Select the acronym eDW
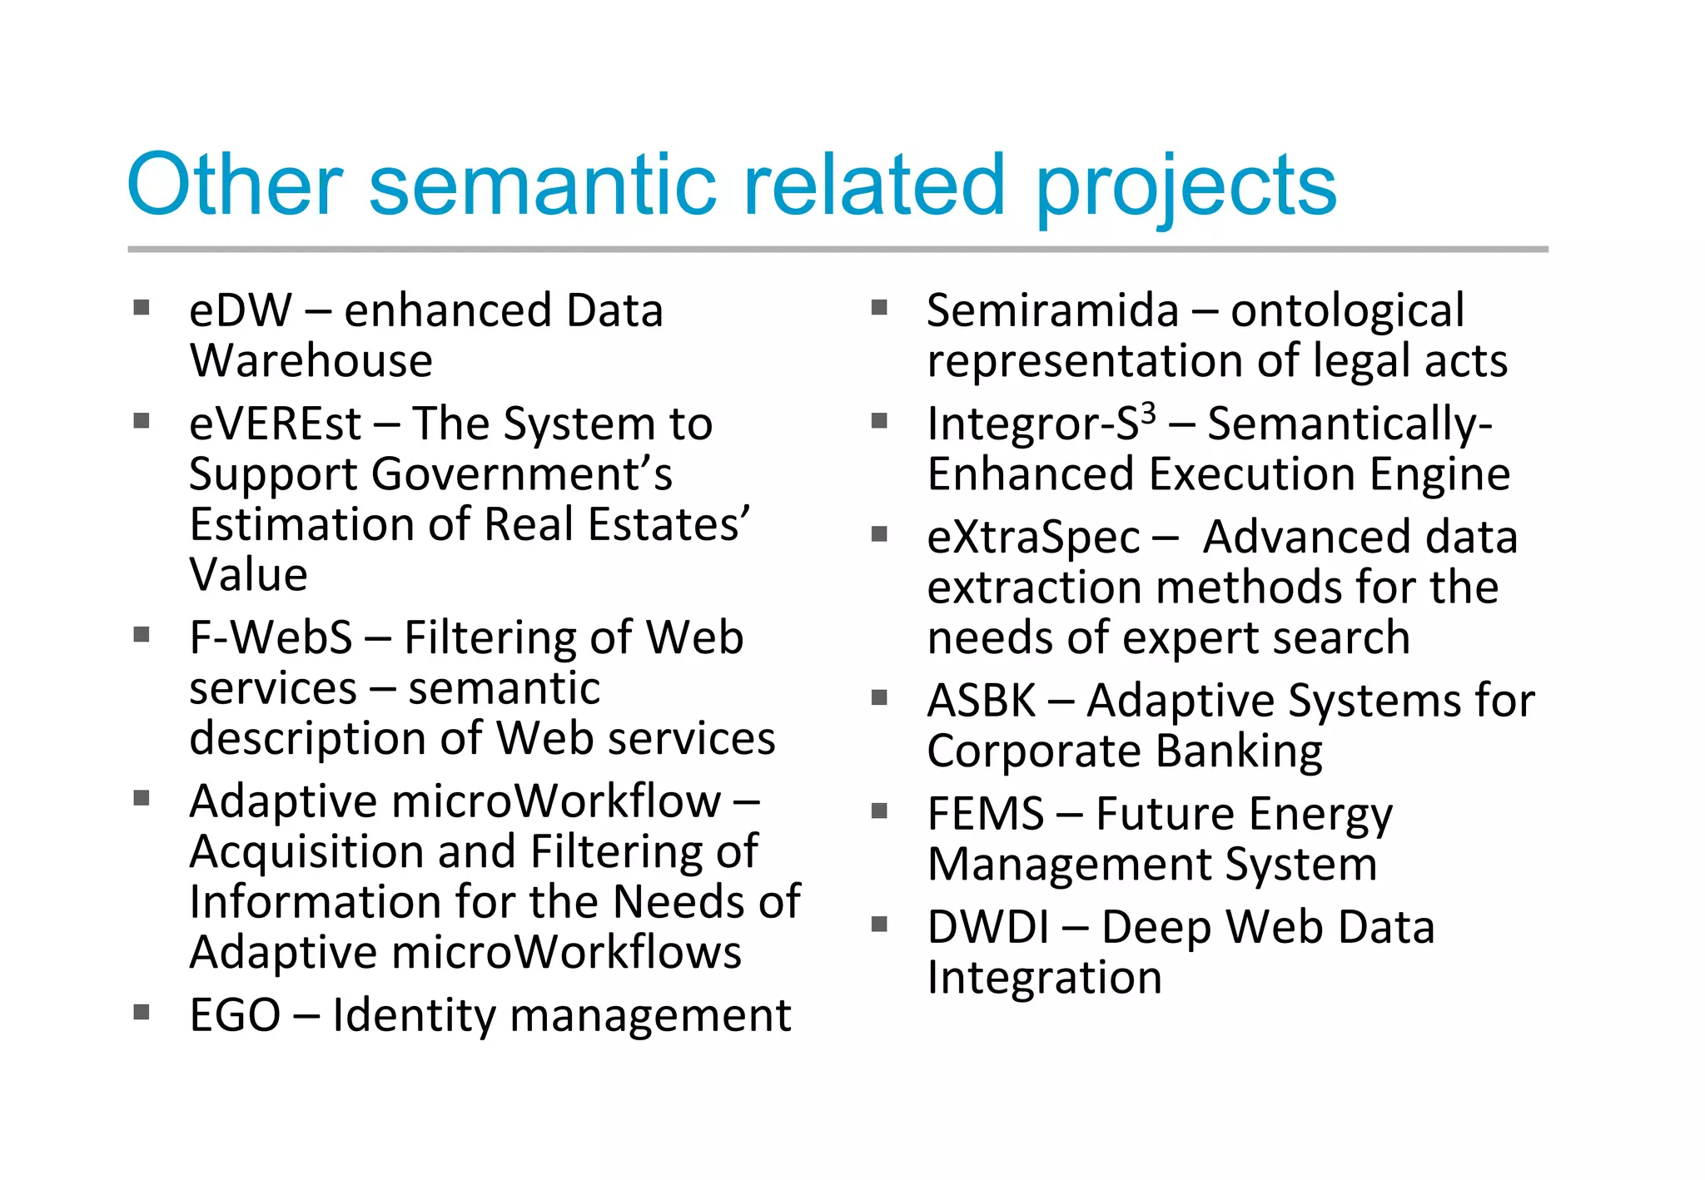tap(241, 310)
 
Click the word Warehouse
tap(311, 361)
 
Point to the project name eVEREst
tap(275, 424)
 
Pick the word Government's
tap(522, 474)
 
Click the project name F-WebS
tap(271, 638)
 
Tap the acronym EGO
tap(235, 1015)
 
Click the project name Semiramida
tap(1052, 310)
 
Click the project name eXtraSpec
tap(1033, 538)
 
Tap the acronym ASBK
tap(982, 701)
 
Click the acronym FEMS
tap(985, 814)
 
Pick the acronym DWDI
tap(988, 927)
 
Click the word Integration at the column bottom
tap(1044, 978)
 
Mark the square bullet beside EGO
tap(142, 1012)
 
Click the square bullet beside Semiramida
tap(879, 308)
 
